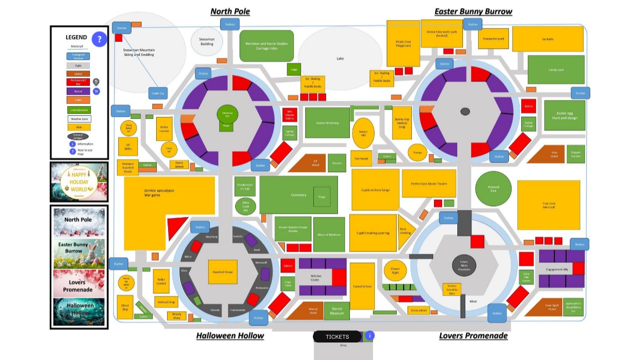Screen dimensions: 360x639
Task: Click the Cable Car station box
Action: (x=158, y=93)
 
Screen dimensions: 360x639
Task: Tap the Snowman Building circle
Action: (x=207, y=42)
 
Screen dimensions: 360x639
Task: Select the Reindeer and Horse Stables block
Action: (x=266, y=46)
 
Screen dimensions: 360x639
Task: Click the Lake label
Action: (x=340, y=58)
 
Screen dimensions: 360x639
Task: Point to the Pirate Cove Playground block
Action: (x=403, y=44)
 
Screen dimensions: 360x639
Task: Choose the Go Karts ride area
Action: (x=548, y=39)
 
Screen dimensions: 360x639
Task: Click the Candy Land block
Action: (x=556, y=70)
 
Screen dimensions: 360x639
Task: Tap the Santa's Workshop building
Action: (x=328, y=123)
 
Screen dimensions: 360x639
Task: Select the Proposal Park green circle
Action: (x=493, y=189)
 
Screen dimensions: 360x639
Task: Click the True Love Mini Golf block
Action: (x=549, y=205)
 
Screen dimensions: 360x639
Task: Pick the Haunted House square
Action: (x=222, y=271)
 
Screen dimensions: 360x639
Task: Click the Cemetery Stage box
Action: (x=322, y=197)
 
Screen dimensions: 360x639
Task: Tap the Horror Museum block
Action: (x=337, y=311)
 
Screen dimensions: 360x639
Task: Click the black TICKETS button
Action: (x=337, y=337)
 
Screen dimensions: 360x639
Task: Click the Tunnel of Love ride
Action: (x=362, y=286)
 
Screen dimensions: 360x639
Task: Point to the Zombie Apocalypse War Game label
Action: (x=159, y=193)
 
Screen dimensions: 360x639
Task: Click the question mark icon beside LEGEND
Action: (x=99, y=39)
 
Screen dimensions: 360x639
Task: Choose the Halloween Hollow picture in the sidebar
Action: (x=80, y=311)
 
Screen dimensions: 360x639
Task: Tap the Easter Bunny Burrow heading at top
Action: (x=473, y=11)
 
